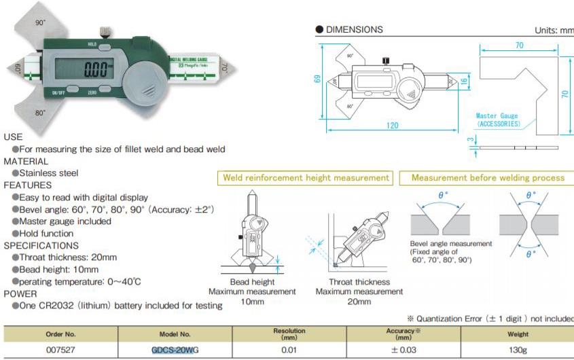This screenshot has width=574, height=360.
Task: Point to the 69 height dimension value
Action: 318,79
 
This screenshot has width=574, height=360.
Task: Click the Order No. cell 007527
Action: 60,350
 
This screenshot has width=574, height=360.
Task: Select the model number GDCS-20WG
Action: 175,350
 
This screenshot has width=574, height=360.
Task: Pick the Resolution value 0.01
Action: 289,350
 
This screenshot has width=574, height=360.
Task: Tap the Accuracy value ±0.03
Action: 404,350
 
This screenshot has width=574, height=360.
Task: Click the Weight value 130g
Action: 518,350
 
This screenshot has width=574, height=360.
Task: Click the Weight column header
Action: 518,334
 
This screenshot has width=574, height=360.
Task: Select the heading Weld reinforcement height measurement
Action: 307,178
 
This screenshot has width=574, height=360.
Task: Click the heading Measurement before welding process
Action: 488,178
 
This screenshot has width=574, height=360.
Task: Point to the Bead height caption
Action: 253,282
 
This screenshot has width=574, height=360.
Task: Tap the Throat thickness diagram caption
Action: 359,282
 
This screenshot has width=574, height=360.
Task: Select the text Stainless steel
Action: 49,173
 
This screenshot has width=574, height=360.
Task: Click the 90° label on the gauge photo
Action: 40,22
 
